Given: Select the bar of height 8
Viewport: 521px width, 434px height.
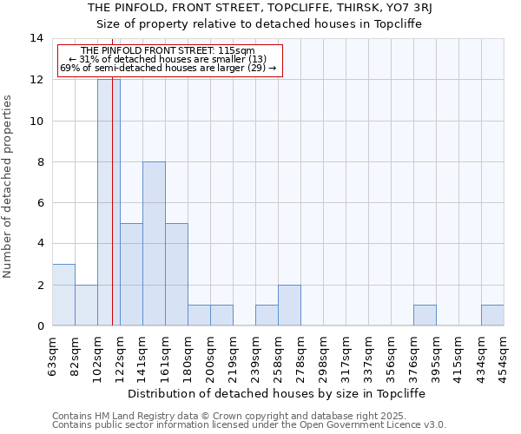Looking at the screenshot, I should pos(154,244).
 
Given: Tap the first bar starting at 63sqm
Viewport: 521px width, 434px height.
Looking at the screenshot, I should pos(63,295).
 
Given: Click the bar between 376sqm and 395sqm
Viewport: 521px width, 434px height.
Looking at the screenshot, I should pos(425,316).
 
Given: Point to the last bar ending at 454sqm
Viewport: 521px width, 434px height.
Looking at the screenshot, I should pos(492,316).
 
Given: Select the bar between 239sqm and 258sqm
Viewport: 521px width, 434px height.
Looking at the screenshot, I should pos(267,316).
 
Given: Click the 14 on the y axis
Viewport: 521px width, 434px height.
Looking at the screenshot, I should pos(36,38).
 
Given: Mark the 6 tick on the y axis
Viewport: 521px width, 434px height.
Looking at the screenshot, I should pos(40,203).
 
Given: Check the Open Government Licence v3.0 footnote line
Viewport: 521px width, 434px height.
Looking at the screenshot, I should pos(249,425).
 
